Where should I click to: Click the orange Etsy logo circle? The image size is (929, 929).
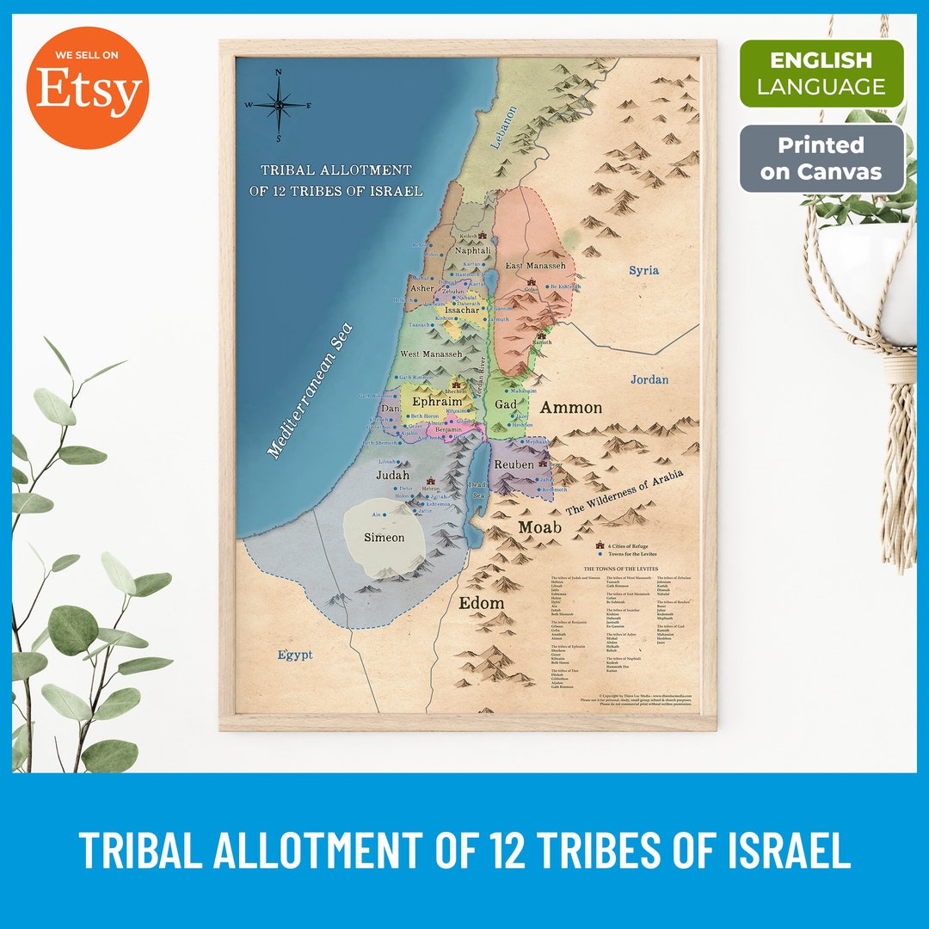[x=88, y=88]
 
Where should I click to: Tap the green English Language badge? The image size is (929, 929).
[x=821, y=73]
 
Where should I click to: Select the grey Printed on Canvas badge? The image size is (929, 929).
[x=821, y=158]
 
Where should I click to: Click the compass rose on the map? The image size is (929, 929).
[x=279, y=105]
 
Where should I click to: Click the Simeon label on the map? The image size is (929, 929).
[x=384, y=538]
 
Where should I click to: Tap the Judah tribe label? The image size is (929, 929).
[x=392, y=474]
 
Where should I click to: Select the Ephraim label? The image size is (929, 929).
[x=437, y=401]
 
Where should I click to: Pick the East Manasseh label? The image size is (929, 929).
[x=535, y=267]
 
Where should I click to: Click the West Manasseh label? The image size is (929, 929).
[x=431, y=354]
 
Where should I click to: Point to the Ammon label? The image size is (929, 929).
[x=570, y=408]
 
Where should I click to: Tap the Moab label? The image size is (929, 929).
[x=539, y=526]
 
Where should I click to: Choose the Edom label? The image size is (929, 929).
[x=481, y=603]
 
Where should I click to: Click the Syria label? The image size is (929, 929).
[x=643, y=270]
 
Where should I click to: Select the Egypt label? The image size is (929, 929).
[x=295, y=655]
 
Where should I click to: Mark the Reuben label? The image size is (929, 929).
[x=514, y=464]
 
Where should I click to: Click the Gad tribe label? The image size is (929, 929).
[x=506, y=404]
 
